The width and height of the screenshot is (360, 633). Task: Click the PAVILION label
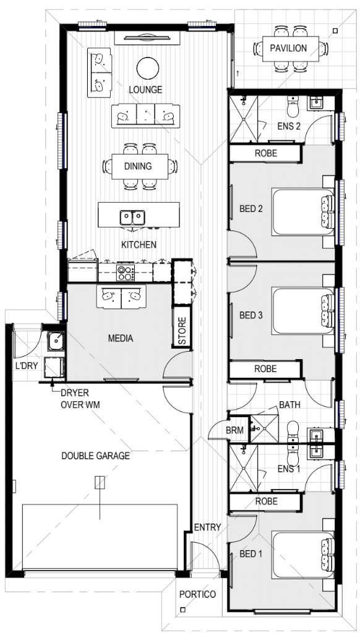[x=288, y=48]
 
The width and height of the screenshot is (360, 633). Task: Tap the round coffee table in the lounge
[x=148, y=68]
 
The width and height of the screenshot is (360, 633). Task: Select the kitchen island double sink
[x=132, y=217]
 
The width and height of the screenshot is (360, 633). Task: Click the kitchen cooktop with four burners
[x=126, y=273]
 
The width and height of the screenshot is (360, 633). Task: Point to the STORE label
[x=182, y=331]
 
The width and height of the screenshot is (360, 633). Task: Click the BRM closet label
[x=235, y=430]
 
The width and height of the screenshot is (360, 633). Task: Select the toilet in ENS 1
[x=292, y=456]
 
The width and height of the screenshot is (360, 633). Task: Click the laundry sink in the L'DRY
[x=54, y=341]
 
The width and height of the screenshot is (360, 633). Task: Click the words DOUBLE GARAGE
[x=96, y=456]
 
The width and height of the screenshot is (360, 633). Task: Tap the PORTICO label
[x=197, y=594]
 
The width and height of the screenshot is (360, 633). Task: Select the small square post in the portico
[x=182, y=610]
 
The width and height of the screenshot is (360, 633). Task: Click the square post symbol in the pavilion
[x=335, y=30]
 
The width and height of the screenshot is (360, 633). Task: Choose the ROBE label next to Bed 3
[x=265, y=368]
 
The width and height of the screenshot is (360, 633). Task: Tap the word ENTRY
[x=208, y=527]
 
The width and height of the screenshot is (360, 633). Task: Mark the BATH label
[x=289, y=404]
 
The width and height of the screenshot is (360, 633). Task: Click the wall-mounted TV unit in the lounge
[x=147, y=38]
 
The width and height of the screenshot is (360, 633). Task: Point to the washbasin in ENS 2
[x=316, y=104]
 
